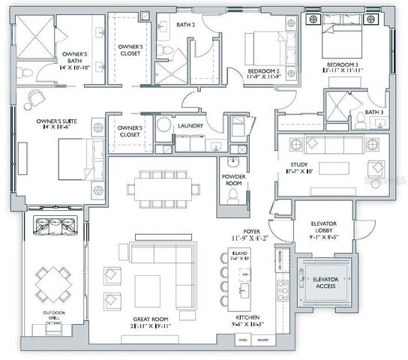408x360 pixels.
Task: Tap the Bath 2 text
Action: click(185, 25)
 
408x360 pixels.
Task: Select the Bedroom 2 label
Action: click(264, 72)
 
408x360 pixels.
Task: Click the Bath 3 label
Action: click(375, 112)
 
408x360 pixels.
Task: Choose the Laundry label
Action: click(190, 126)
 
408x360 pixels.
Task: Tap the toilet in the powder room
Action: click(232, 195)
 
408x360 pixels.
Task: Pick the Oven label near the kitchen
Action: click(242, 341)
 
